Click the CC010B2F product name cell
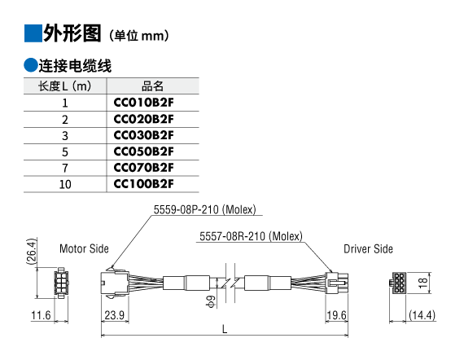tap(143, 103)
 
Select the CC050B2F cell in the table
tap(143, 151)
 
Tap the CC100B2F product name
tap(143, 184)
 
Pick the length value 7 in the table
tap(65, 168)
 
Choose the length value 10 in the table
tap(65, 184)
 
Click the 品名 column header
tap(152, 86)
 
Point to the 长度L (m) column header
tap(65, 86)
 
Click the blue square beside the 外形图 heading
tap(33, 33)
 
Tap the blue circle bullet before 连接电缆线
tap(31, 65)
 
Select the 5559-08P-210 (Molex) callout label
tap(205, 209)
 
